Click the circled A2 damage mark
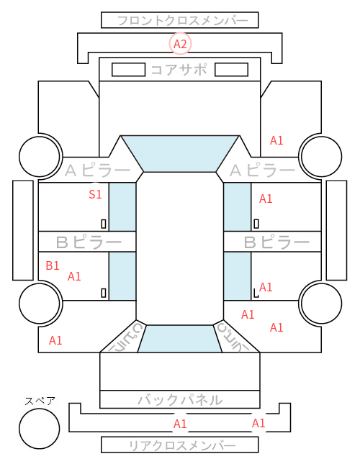[180, 44]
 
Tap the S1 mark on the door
[95, 194]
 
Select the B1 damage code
[53, 265]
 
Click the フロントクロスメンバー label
[183, 21]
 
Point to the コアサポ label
[179, 70]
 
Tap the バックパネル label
[180, 400]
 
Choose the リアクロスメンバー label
[182, 445]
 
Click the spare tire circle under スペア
[40, 429]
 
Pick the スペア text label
[40, 401]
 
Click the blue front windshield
[180, 154]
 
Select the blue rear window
[180, 339]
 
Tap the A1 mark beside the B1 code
[74, 277]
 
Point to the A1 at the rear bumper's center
[180, 424]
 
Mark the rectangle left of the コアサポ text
[128, 70]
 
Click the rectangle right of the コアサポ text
[231, 70]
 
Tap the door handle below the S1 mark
[104, 224]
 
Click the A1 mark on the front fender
[276, 140]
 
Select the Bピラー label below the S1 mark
[89, 242]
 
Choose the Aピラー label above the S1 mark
[97, 170]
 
